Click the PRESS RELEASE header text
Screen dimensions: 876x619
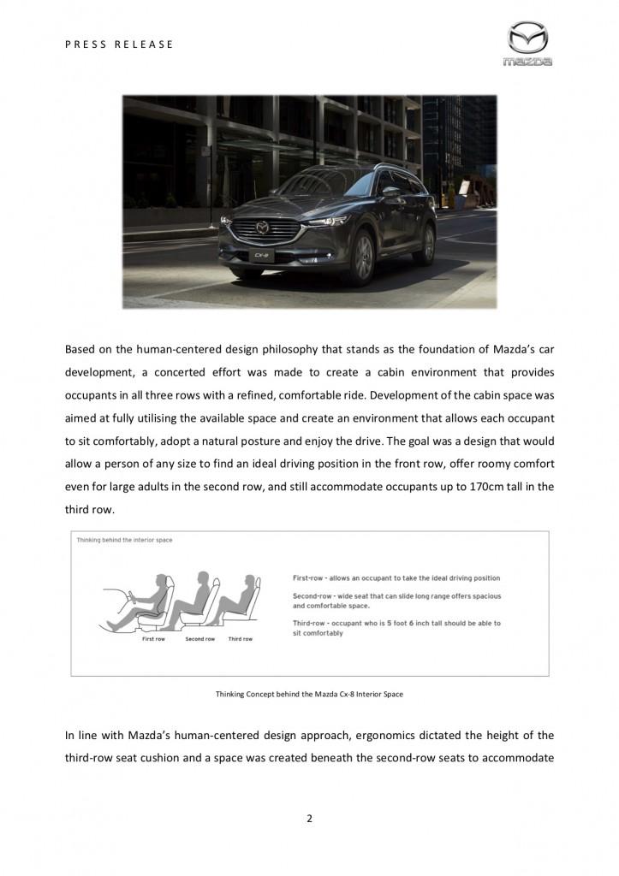(x=119, y=44)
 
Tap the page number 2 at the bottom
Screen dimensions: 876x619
(x=309, y=818)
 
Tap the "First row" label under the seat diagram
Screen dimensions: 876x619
(x=153, y=639)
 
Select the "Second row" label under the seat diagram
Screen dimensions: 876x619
(x=199, y=639)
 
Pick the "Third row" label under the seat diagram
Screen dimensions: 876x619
(x=240, y=639)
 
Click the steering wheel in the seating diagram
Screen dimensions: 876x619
(x=129, y=595)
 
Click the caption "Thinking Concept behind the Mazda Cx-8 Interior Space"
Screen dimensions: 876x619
(x=309, y=694)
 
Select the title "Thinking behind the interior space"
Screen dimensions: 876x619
(x=124, y=540)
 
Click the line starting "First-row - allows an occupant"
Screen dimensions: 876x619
(x=396, y=578)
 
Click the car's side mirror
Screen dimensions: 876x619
(x=390, y=192)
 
